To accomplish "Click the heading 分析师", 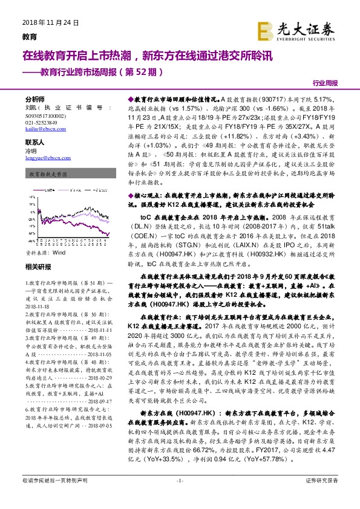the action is (35, 99).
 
